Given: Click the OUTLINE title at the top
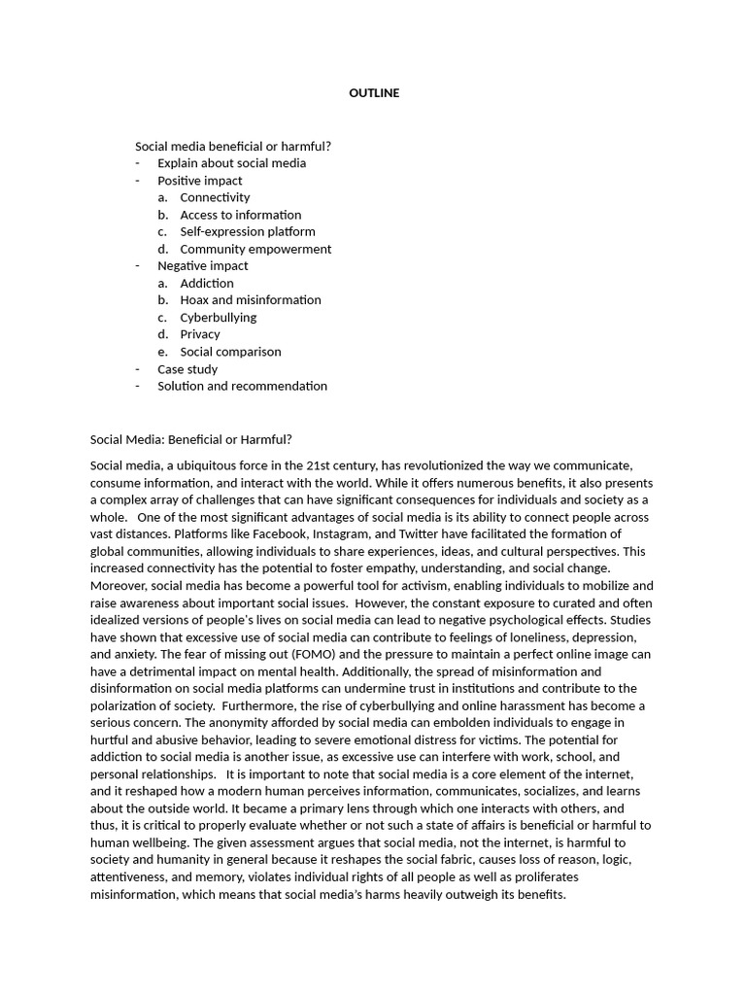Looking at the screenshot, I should pyautogui.click(x=374, y=93).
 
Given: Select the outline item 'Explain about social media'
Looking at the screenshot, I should pyautogui.click(x=231, y=163).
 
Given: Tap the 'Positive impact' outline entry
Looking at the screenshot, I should pyautogui.click(x=200, y=181).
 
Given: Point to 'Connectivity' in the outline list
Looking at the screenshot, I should pyautogui.click(x=215, y=197).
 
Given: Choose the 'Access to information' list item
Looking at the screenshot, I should pyautogui.click(x=240, y=215).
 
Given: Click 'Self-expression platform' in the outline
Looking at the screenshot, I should pyautogui.click(x=248, y=232).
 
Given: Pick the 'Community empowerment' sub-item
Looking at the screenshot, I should pyautogui.click(x=255, y=249).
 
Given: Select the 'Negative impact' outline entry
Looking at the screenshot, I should pyautogui.click(x=203, y=266).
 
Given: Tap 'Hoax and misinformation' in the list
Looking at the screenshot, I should pyautogui.click(x=251, y=300).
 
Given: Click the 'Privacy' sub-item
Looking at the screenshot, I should pyautogui.click(x=200, y=334).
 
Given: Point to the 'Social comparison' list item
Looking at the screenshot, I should pyautogui.click(x=230, y=352).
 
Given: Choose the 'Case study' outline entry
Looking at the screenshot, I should pyautogui.click(x=187, y=369).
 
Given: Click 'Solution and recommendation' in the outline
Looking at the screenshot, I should pyautogui.click(x=242, y=386).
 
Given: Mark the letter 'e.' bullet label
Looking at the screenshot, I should pyautogui.click(x=163, y=352).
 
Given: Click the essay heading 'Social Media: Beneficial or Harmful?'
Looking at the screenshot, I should pyautogui.click(x=191, y=439).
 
